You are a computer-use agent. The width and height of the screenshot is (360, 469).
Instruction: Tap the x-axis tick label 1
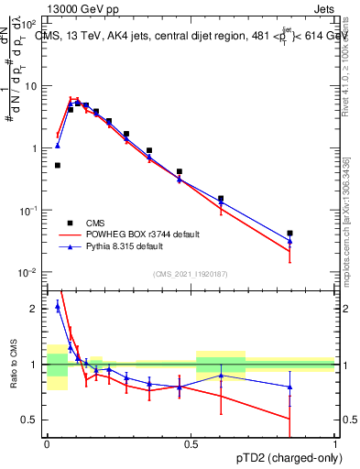coord(335,443)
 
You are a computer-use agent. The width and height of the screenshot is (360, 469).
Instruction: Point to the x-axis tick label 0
coord(47,443)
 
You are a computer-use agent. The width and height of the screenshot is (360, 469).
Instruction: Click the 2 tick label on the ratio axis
coord(35,309)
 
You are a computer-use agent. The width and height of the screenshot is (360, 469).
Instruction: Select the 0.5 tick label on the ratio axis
coord(31,420)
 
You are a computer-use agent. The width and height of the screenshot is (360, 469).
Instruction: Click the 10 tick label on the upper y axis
coord(30,85)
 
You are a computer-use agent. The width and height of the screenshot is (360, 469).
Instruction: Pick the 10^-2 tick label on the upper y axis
coord(28,272)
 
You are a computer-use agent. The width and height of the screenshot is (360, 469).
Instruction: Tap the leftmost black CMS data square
coord(57,165)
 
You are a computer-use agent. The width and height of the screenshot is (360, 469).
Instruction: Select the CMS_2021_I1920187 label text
coord(190,274)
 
